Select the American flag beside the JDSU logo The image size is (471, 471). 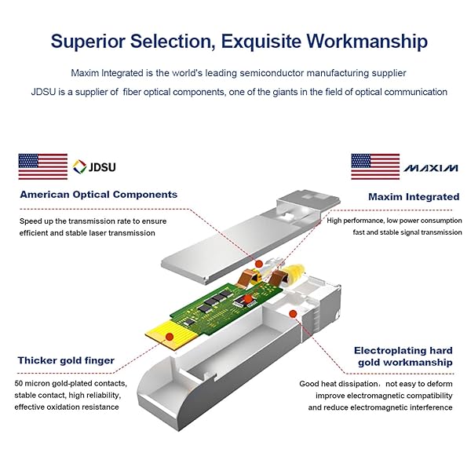[43, 166]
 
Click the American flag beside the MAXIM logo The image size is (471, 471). [375, 166]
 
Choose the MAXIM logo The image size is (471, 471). [432, 168]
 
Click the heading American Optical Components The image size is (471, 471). [99, 195]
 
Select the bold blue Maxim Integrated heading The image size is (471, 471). [414, 197]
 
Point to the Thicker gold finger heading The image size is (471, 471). [66, 361]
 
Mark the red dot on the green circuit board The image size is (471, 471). [247, 298]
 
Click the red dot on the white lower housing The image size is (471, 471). [293, 314]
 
